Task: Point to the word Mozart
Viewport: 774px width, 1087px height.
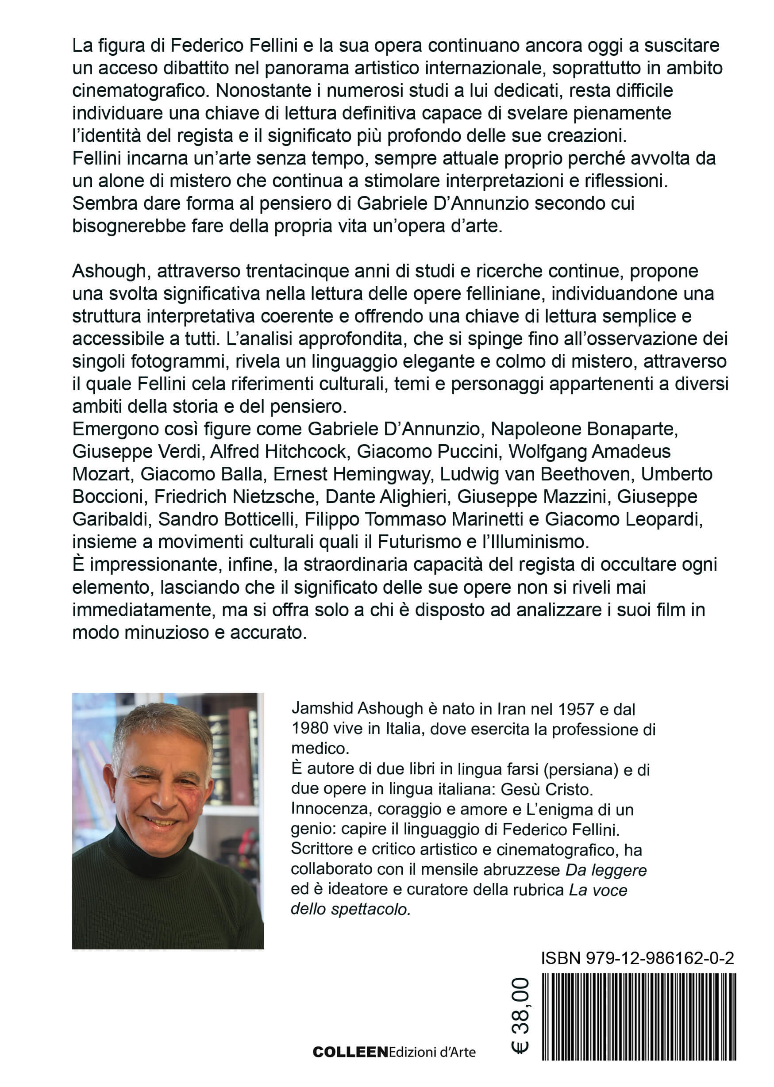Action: [100, 474]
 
